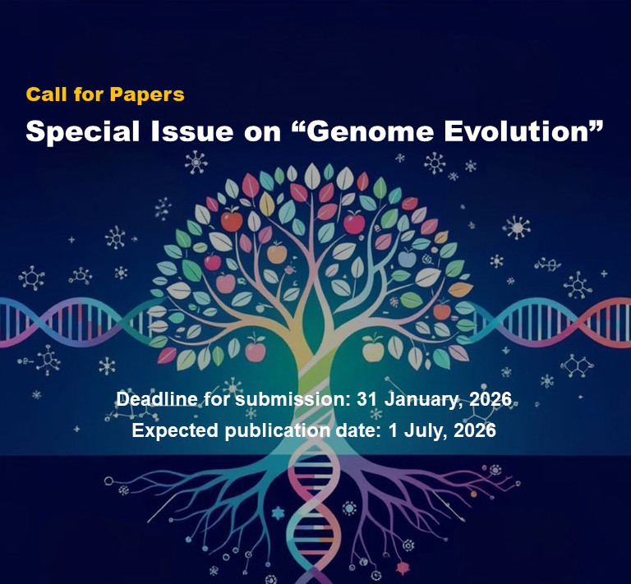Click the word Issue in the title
coord(192,131)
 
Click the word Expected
coord(176,430)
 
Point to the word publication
coord(278,430)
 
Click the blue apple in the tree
coord(407,258)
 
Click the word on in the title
coord(262,134)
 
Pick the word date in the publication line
coord(357,430)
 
